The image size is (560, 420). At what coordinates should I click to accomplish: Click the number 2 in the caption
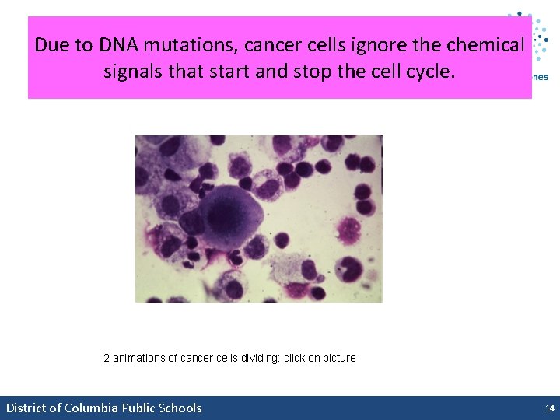point(107,359)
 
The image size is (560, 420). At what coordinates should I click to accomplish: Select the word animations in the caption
point(140,359)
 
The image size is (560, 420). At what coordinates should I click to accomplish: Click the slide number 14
point(549,408)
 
